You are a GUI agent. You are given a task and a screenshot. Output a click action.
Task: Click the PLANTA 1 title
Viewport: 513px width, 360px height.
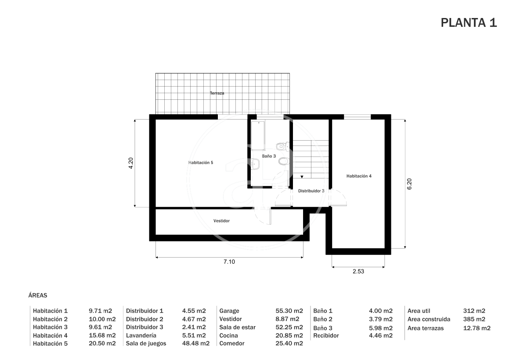[x=469, y=22]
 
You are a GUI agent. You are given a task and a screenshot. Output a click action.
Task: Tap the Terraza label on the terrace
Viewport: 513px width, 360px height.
[x=217, y=93]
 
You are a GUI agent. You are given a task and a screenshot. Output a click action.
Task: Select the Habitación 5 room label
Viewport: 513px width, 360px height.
[x=201, y=163]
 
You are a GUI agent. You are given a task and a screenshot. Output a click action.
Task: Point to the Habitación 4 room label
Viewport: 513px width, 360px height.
[x=359, y=176]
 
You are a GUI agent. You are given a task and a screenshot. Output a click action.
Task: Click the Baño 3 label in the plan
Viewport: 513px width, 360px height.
[x=269, y=156]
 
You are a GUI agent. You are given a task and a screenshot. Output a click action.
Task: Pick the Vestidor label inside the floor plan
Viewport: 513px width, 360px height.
[x=221, y=221]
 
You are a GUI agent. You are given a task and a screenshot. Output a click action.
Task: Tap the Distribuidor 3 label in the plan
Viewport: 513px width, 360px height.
[x=311, y=191]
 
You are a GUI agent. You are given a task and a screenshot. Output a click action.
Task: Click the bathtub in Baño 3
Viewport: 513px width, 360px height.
[x=258, y=136]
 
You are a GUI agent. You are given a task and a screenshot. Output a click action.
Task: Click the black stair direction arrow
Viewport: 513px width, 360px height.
[x=302, y=177]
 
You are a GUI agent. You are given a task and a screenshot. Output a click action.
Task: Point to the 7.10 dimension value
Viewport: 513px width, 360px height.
[x=229, y=262]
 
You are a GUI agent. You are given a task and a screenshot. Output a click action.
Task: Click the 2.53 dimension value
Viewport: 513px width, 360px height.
[x=358, y=271]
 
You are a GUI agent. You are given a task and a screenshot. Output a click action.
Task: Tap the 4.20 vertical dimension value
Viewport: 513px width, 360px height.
[x=131, y=163]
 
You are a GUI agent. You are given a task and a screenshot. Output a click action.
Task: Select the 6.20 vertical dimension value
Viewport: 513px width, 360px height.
[x=409, y=184]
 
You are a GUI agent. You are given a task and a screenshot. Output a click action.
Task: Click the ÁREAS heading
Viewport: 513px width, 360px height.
[x=38, y=295]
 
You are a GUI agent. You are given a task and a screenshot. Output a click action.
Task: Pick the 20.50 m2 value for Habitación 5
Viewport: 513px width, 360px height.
[x=102, y=343]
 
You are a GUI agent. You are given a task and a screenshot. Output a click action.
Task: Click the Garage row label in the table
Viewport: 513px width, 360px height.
[x=229, y=311]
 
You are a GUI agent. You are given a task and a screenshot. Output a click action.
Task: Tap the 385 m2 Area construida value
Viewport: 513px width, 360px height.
[x=474, y=319]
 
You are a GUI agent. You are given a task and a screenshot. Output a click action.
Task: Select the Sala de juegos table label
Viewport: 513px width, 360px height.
[x=146, y=343]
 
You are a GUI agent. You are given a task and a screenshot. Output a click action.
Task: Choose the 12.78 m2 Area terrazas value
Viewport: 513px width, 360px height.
[x=477, y=328]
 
